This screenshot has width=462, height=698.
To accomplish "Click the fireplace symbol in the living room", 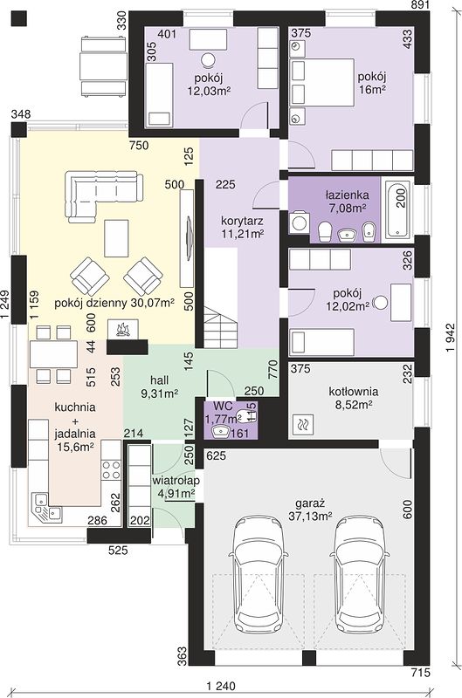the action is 122,330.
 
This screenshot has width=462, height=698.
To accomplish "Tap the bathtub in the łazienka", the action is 398,209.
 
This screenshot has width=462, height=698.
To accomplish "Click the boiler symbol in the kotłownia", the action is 303,425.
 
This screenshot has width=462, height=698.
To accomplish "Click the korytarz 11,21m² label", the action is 243,227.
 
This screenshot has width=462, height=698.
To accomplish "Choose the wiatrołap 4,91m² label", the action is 176,487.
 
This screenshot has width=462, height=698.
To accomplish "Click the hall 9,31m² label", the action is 160,387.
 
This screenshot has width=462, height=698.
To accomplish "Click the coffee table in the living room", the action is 116,238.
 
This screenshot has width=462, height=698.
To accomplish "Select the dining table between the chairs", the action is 53,354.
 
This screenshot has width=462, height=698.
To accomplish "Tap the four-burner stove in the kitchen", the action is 111,469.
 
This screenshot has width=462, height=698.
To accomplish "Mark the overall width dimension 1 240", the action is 221,686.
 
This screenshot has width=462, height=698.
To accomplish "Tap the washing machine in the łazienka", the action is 297,223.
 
